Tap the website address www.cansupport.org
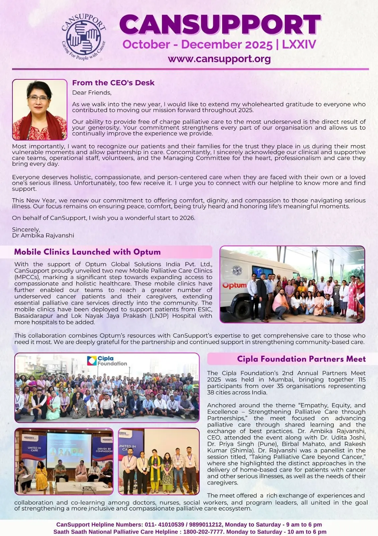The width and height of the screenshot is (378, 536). [219, 59]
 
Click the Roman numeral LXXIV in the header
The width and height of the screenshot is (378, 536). [299, 45]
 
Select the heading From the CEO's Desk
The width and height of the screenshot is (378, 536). [113, 83]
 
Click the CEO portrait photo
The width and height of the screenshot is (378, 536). [40, 110]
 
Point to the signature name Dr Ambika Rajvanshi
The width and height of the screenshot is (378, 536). [43, 236]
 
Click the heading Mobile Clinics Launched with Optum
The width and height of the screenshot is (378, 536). [87, 252]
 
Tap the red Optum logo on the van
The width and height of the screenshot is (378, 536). [234, 285]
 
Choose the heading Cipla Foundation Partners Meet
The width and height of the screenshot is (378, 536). [301, 359]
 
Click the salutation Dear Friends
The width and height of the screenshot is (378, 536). [92, 93]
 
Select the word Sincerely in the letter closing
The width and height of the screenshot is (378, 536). [26, 229]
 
